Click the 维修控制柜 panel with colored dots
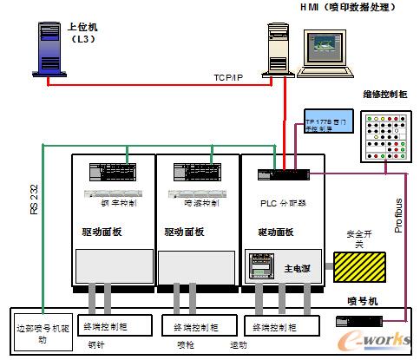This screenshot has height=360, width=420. tap(381, 134)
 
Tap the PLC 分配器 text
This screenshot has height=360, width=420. tap(278, 203)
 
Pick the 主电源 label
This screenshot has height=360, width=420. tap(300, 268)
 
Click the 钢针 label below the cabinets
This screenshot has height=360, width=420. tap(98, 344)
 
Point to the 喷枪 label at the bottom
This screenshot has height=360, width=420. tap(186, 344)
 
